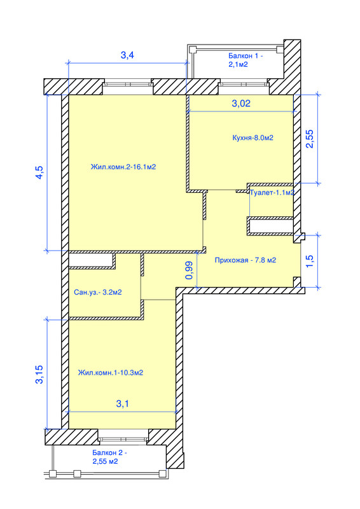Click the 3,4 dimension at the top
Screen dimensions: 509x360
click(127, 55)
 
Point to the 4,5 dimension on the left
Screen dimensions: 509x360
click(39, 172)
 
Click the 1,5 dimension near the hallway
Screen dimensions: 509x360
click(310, 261)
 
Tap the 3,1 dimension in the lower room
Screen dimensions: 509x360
click(123, 403)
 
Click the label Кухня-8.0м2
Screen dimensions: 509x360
click(253, 138)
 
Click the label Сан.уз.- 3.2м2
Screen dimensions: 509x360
click(97, 292)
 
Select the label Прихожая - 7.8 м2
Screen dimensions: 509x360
click(245, 260)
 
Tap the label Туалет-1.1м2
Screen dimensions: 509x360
click(272, 192)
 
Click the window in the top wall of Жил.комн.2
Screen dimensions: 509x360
click(128, 85)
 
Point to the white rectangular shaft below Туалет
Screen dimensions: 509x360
click(270, 226)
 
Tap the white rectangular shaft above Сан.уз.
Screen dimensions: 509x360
click(91, 260)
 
